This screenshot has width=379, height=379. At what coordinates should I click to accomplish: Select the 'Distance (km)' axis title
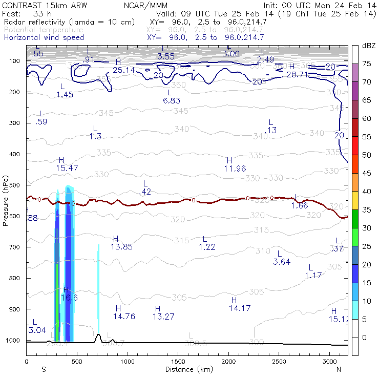click(x=186, y=369)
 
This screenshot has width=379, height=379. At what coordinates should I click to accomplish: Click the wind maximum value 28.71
click(x=296, y=74)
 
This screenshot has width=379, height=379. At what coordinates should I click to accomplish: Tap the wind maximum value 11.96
click(x=235, y=168)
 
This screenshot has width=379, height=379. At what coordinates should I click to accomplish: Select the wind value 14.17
click(x=239, y=308)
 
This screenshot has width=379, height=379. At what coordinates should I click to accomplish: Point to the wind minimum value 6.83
click(x=171, y=100)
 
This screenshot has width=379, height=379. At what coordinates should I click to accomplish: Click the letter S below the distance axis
click(x=44, y=369)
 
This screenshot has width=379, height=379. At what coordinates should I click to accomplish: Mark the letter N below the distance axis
click(x=339, y=369)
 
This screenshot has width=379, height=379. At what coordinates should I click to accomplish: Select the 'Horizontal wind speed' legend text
click(x=44, y=37)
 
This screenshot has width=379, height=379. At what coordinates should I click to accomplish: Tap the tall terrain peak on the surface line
click(x=98, y=335)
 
